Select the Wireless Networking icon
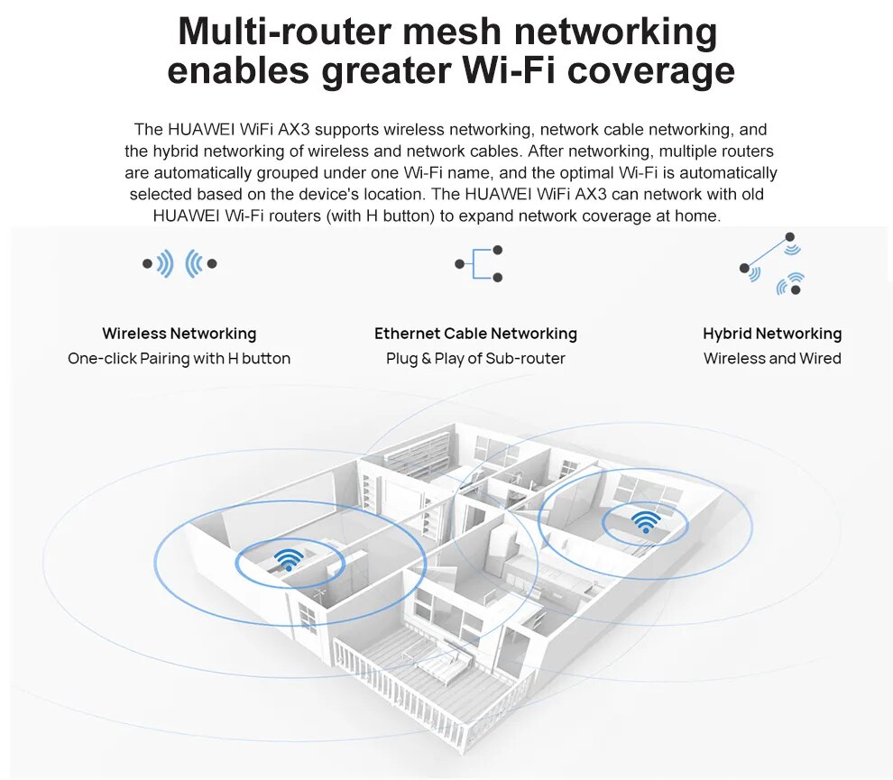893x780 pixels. point(180,263)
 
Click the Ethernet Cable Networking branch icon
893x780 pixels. point(479,264)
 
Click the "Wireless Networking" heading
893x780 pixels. point(179,334)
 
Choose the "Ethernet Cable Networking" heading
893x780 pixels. point(475,334)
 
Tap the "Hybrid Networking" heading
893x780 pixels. point(772,334)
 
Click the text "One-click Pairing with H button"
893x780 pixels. point(179,359)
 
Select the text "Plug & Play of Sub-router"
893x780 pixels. point(475,359)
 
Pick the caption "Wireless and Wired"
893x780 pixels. point(772,359)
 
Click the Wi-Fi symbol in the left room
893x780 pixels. point(288,560)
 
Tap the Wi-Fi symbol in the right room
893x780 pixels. point(645,521)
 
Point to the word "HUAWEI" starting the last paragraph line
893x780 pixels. point(186,216)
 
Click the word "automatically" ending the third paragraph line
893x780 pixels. point(730,172)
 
